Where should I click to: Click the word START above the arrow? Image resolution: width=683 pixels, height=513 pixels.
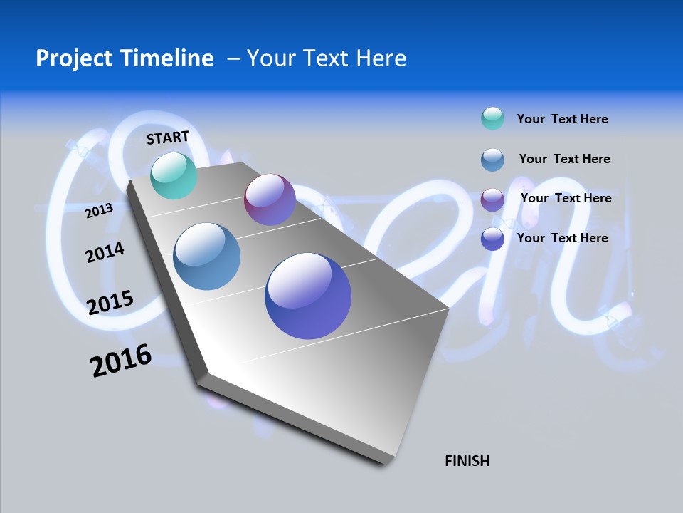[168, 138]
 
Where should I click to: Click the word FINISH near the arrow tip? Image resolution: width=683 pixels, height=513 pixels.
[467, 461]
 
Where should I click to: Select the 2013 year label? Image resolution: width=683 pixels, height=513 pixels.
[99, 211]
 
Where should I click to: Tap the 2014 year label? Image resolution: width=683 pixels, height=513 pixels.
[105, 252]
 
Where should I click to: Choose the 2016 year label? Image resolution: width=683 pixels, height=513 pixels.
[121, 361]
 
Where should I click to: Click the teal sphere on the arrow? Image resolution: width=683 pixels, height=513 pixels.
[174, 176]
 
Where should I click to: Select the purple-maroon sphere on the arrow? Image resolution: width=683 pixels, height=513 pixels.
[270, 199]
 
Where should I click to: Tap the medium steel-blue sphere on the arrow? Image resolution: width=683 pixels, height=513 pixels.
[207, 256]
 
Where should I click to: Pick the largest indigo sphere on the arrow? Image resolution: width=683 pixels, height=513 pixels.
[308, 296]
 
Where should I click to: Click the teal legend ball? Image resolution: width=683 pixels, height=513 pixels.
[492, 118]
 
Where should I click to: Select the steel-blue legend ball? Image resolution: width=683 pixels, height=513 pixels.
[492, 160]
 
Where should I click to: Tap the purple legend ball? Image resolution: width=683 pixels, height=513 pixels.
[492, 199]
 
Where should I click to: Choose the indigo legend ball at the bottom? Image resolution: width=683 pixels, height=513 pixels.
[492, 239]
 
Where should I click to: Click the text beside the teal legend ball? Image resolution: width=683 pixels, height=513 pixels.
[562, 119]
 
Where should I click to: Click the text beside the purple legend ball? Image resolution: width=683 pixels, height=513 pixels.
[566, 198]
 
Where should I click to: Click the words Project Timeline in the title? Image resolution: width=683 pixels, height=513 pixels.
[125, 58]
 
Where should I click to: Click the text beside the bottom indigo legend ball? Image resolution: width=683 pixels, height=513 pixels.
[562, 238]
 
